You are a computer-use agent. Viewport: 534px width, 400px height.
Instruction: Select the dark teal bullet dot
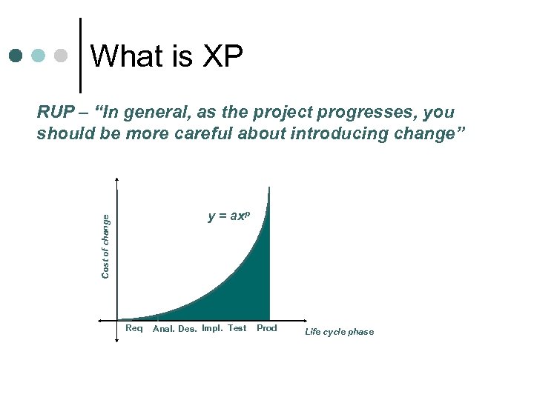tap(16, 56)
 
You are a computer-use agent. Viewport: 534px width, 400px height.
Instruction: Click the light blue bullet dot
tap(39, 56)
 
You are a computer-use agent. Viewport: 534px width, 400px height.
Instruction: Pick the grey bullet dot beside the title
tap(62, 56)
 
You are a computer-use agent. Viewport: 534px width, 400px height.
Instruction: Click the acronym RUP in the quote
tap(56, 113)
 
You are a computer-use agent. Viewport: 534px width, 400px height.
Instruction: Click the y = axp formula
tap(229, 216)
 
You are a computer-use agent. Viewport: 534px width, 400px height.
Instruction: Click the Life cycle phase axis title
tap(340, 332)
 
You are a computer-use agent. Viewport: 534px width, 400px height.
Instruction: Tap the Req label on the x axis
tap(134, 328)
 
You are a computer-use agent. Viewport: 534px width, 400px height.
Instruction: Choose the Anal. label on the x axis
tap(164, 329)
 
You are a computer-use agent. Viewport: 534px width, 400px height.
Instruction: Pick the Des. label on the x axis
tap(188, 329)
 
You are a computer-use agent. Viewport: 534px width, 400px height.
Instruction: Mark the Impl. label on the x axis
tap(212, 328)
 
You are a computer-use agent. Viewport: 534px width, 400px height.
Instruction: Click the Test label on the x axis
tap(237, 328)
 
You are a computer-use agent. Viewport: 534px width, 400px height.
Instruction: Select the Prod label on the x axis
tap(267, 328)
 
